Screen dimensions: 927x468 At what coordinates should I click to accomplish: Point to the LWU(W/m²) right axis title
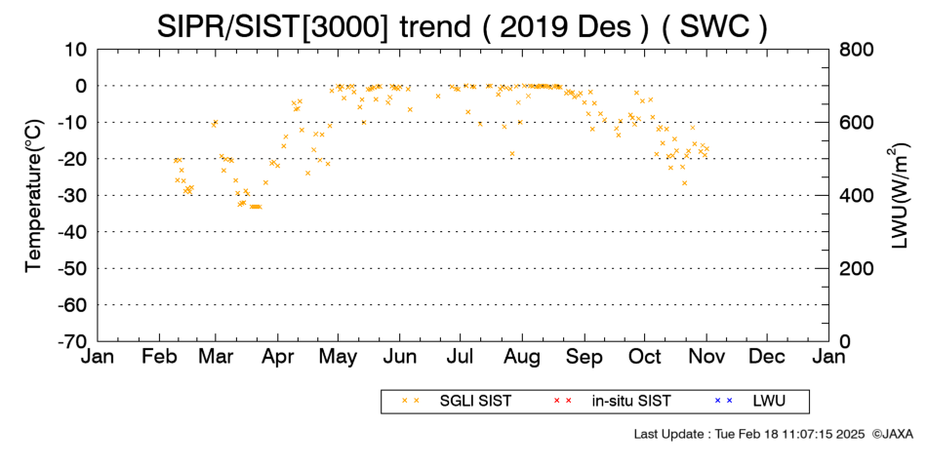pyautogui.click(x=899, y=195)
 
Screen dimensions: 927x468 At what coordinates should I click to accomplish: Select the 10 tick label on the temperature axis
pyautogui.click(x=76, y=50)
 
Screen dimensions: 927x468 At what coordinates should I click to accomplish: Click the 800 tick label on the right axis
pyautogui.click(x=857, y=50)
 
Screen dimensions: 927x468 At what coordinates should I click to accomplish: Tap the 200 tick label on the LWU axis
pyautogui.click(x=857, y=269)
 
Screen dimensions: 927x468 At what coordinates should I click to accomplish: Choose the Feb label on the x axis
pyautogui.click(x=160, y=357)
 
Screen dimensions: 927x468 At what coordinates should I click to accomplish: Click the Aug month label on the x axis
pyautogui.click(x=522, y=358)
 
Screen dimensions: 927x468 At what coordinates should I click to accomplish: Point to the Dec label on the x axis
pyautogui.click(x=767, y=357)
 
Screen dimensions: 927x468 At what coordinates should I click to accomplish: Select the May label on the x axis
pyautogui.click(x=339, y=358)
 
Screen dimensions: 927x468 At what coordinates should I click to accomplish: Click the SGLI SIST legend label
pyautogui.click(x=475, y=402)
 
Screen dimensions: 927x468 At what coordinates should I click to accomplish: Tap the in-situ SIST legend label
pyautogui.click(x=631, y=402)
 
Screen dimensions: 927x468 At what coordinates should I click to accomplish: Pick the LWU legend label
pyautogui.click(x=769, y=402)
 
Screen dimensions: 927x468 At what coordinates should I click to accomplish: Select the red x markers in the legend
pyautogui.click(x=562, y=402)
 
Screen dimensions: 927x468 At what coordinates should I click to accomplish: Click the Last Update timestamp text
pyautogui.click(x=749, y=434)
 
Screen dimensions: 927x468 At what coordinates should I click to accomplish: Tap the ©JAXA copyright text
pyautogui.click(x=893, y=434)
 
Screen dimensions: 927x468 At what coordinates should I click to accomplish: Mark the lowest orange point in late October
pyautogui.click(x=685, y=183)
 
